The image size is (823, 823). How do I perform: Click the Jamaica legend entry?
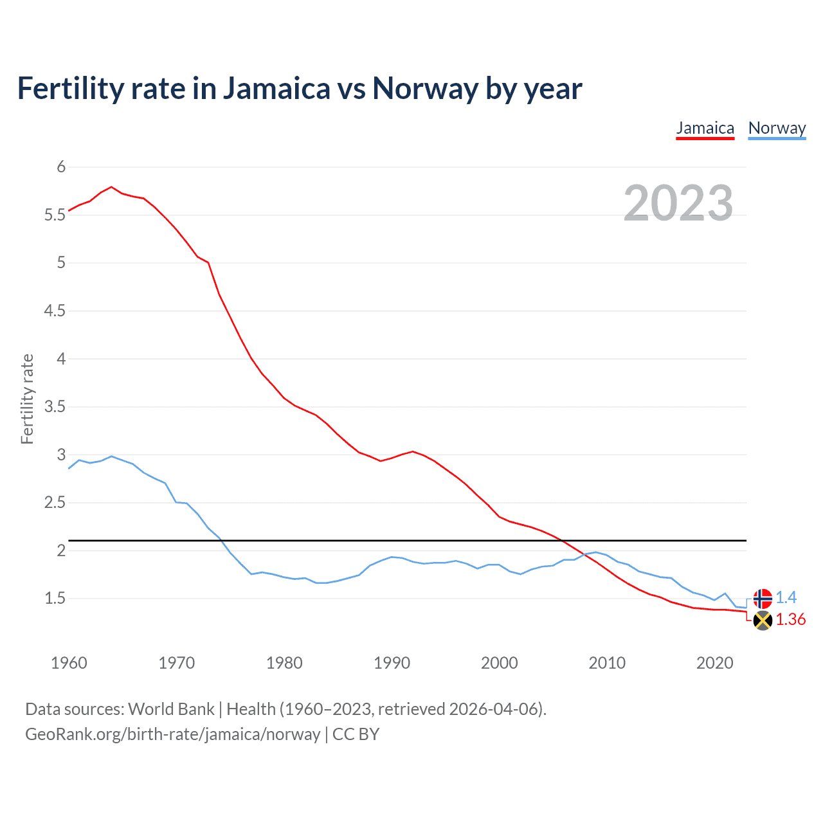pyautogui.click(x=705, y=128)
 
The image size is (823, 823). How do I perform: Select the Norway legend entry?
pyautogui.click(x=777, y=128)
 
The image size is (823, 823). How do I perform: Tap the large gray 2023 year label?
pyautogui.click(x=678, y=203)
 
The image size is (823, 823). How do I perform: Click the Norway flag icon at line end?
pyautogui.click(x=763, y=599)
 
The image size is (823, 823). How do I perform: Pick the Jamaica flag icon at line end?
pyautogui.click(x=763, y=620)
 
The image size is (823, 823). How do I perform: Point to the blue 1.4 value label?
pyautogui.click(x=786, y=597)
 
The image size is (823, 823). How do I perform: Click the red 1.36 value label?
pyautogui.click(x=790, y=619)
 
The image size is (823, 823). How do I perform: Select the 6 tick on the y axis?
pyautogui.click(x=62, y=167)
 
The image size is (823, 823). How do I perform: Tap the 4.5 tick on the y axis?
pyautogui.click(x=55, y=311)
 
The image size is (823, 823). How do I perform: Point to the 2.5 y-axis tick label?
pyautogui.click(x=55, y=503)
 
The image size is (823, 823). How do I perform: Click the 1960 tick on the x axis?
pyautogui.click(x=69, y=663)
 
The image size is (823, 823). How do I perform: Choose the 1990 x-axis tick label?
pyautogui.click(x=392, y=663)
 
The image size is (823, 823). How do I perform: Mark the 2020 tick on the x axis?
pyautogui.click(x=714, y=663)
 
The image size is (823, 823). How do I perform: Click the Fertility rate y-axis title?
pyautogui.click(x=27, y=399)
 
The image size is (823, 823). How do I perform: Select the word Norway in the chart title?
pyautogui.click(x=425, y=89)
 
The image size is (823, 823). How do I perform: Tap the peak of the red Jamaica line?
pyautogui.click(x=111, y=187)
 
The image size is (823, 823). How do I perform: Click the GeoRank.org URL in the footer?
pyautogui.click(x=172, y=734)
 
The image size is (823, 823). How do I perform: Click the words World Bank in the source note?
pyautogui.click(x=171, y=709)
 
